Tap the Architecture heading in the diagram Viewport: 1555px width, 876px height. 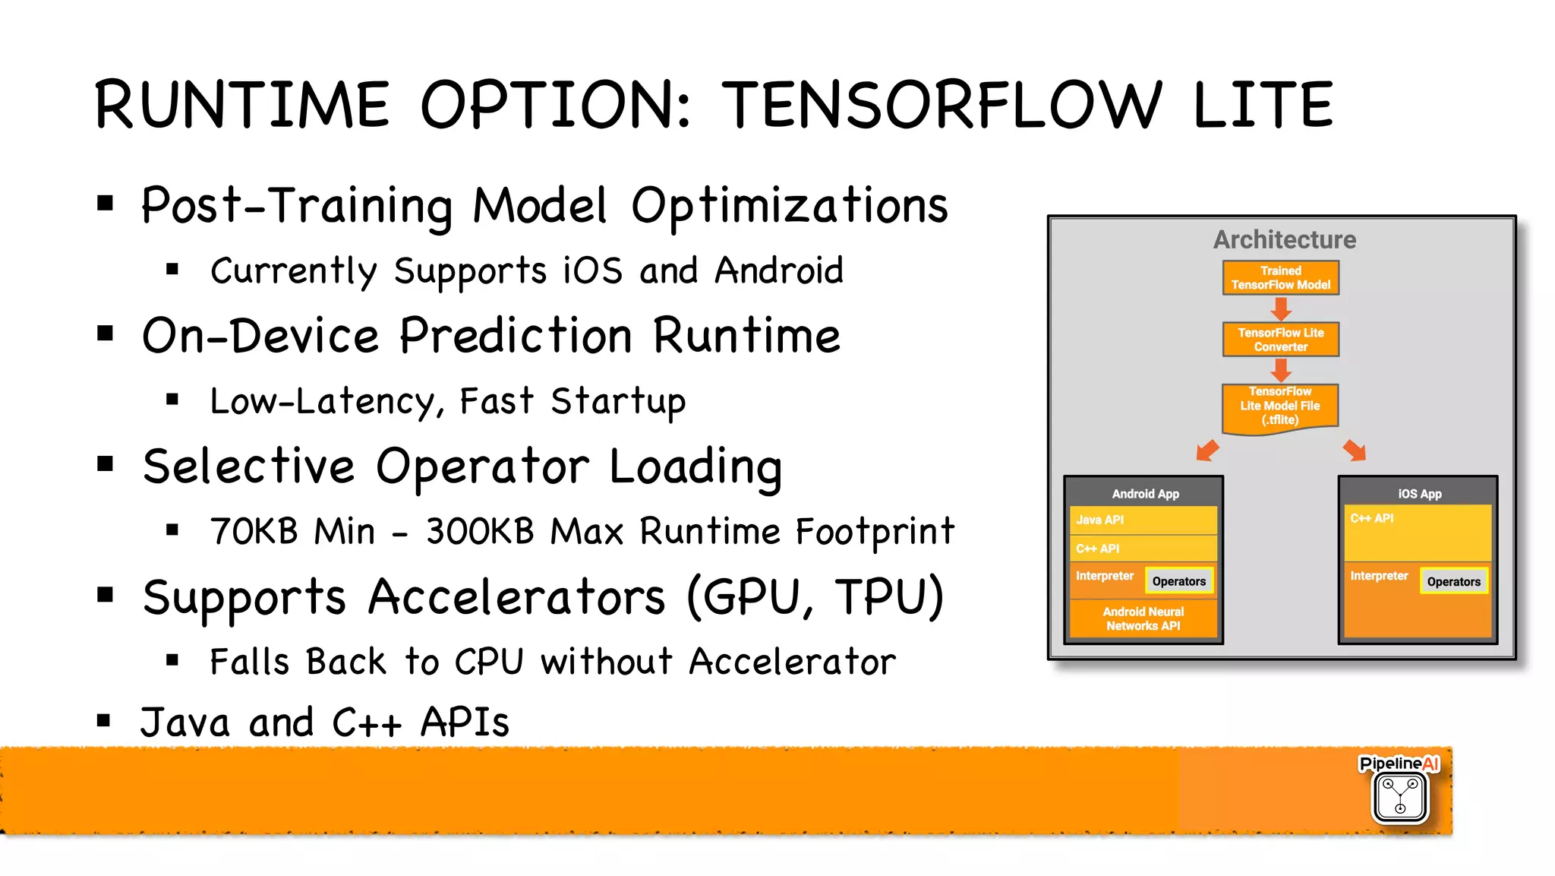point(1284,240)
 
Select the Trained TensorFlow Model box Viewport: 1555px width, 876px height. point(1280,278)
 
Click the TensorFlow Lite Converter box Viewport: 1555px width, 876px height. point(1280,340)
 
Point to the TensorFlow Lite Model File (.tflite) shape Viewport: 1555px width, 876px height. point(1280,407)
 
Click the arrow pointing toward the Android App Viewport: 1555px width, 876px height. point(1207,450)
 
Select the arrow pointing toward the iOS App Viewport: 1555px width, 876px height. point(1355,450)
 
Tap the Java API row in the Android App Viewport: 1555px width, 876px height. point(1143,520)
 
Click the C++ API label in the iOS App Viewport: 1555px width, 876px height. point(1371,518)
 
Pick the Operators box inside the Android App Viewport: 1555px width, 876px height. point(1178,581)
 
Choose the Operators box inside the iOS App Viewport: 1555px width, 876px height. point(1453,582)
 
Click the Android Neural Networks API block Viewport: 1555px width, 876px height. point(1143,618)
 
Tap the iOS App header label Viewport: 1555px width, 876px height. point(1419,494)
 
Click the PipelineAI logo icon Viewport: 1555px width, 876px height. point(1399,796)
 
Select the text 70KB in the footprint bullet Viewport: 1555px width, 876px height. point(254,531)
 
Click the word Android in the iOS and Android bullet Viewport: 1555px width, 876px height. point(778,271)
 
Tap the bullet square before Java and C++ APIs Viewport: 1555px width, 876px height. point(104,720)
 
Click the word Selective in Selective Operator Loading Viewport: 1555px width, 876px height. point(248,466)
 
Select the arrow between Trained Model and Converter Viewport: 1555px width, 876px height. point(1281,308)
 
